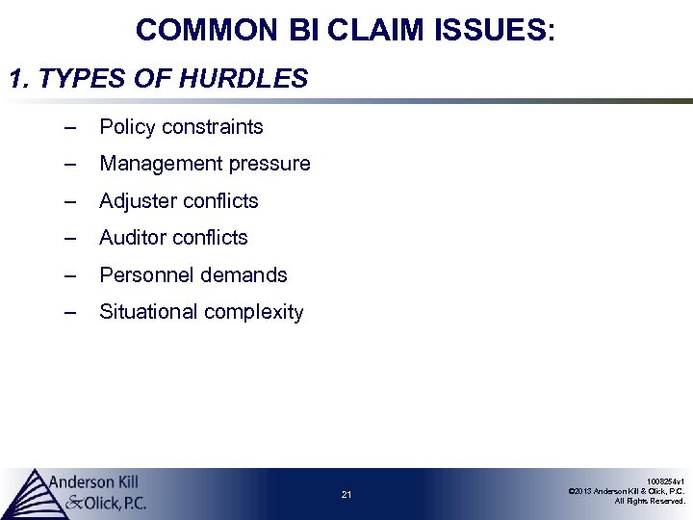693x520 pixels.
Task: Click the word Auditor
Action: pyautogui.click(x=134, y=237)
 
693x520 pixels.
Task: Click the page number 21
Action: pyautogui.click(x=346, y=495)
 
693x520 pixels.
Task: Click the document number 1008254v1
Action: pyautogui.click(x=665, y=481)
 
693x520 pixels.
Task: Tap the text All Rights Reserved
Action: pyautogui.click(x=650, y=501)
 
